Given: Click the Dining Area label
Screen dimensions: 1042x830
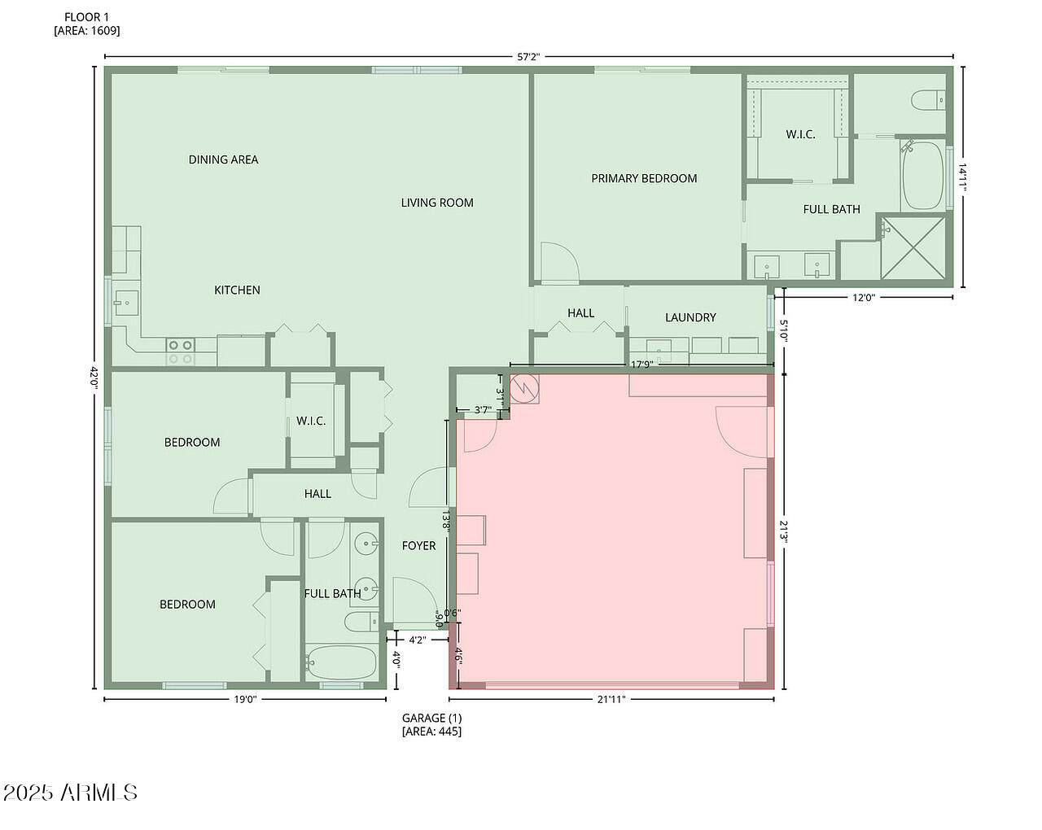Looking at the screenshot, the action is (x=223, y=159).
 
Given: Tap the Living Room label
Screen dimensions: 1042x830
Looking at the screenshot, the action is (x=437, y=203).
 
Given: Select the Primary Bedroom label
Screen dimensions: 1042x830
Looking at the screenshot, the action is (x=644, y=178).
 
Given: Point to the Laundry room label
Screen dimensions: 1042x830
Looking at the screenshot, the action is (x=690, y=317).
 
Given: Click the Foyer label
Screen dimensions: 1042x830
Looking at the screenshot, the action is (x=418, y=546).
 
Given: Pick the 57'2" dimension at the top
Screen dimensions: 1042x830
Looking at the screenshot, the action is (x=528, y=57).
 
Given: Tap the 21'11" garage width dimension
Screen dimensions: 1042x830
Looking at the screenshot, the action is (x=611, y=699).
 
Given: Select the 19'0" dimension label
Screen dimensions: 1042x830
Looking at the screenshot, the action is (x=245, y=699).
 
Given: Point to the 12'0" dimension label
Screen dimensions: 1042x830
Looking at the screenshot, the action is (x=864, y=298).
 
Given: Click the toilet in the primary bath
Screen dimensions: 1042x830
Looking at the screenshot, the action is (x=928, y=102).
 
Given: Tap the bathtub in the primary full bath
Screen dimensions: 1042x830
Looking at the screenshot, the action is (x=923, y=175).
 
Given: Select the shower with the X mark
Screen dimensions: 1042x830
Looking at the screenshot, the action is (x=913, y=248).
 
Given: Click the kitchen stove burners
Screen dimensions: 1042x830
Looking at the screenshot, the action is (x=181, y=352).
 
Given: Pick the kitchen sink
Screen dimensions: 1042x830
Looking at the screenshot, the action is (x=126, y=303).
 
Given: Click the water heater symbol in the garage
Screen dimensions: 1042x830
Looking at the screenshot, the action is (x=525, y=387).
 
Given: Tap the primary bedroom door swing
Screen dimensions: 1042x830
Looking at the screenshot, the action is (x=560, y=262).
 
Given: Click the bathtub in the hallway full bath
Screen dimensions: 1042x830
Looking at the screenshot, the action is (x=341, y=662).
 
